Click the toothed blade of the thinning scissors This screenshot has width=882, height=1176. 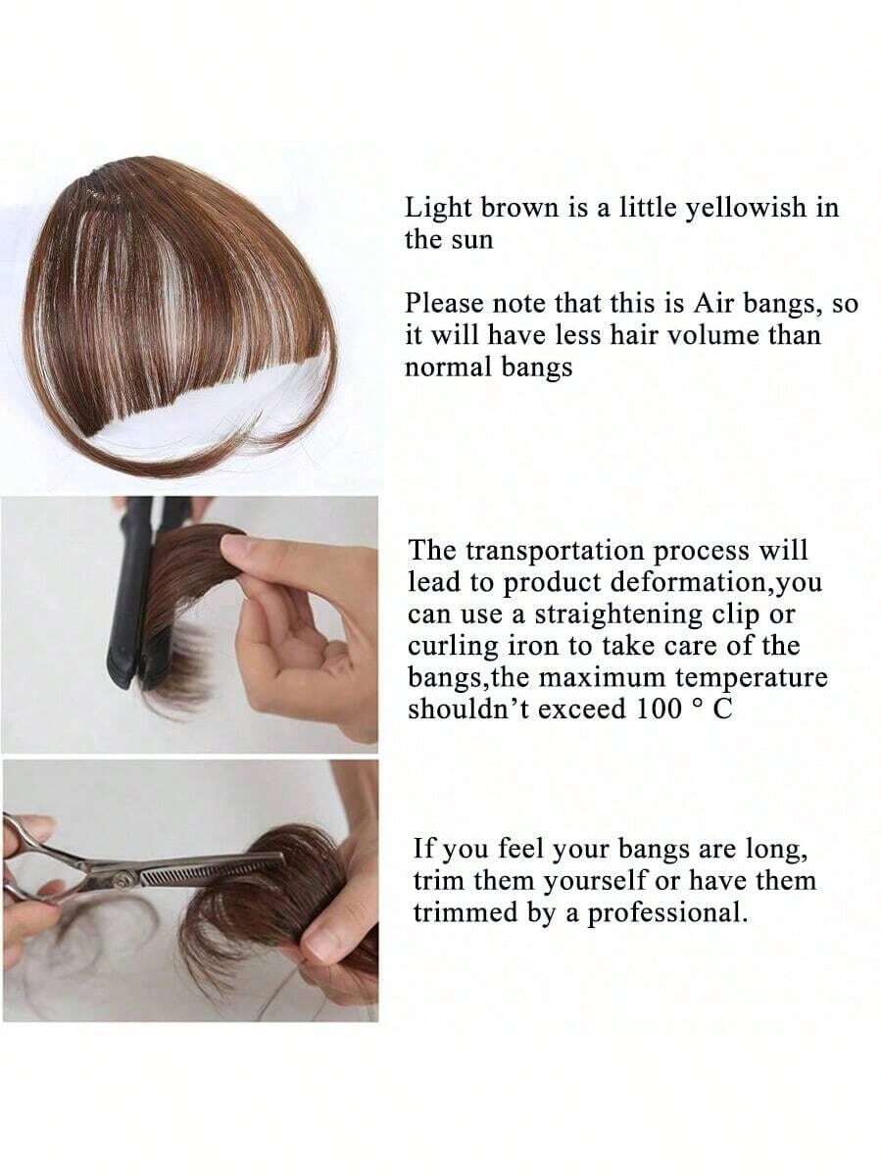click(210, 871)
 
